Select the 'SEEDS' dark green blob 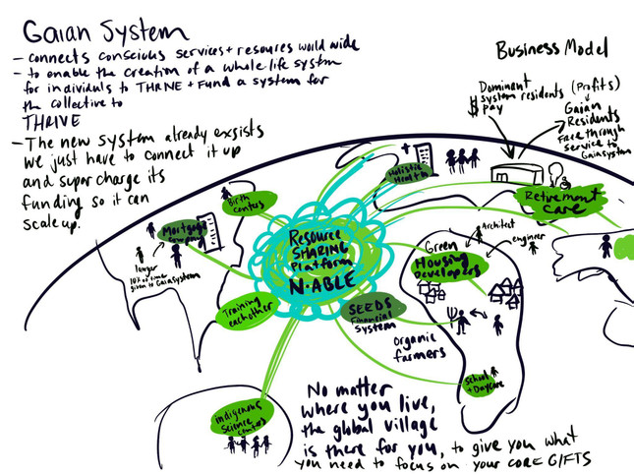click(x=375, y=306)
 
